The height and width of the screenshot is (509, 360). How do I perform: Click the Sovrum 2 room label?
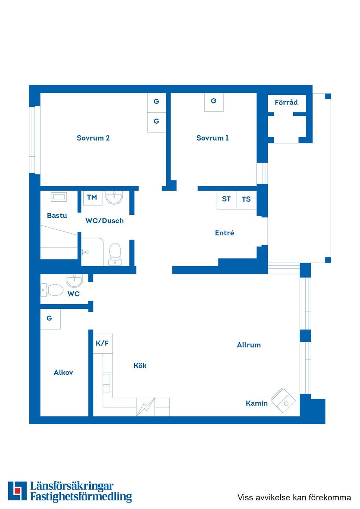coord(93,138)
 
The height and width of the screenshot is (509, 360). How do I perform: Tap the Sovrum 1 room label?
coord(212,138)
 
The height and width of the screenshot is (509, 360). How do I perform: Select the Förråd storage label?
coord(286,102)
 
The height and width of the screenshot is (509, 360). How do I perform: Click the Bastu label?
coord(57,216)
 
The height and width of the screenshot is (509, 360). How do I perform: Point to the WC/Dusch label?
coord(104,221)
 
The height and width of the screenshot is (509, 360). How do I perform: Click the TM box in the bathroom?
coord(92,198)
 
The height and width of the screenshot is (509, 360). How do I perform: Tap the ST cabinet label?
coord(226,199)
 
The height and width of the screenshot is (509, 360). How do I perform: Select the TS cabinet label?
coord(246,199)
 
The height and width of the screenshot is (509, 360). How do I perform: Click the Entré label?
coord(224,233)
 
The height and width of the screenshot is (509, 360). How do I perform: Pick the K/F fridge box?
coord(102,343)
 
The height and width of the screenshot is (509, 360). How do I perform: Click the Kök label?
coord(140,365)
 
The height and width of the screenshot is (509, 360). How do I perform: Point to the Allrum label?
coord(249,345)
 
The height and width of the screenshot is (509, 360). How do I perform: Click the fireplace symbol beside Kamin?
coord(284,401)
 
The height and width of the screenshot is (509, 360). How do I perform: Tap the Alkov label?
coord(63,373)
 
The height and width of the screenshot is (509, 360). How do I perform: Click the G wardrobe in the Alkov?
coord(50,319)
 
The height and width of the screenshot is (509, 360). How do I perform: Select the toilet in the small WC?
coord(52,289)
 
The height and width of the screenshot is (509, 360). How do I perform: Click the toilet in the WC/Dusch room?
coord(115,253)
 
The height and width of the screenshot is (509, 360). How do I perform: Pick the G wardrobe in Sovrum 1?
coord(214,102)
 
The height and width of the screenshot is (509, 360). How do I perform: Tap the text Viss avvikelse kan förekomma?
coord(294,497)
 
